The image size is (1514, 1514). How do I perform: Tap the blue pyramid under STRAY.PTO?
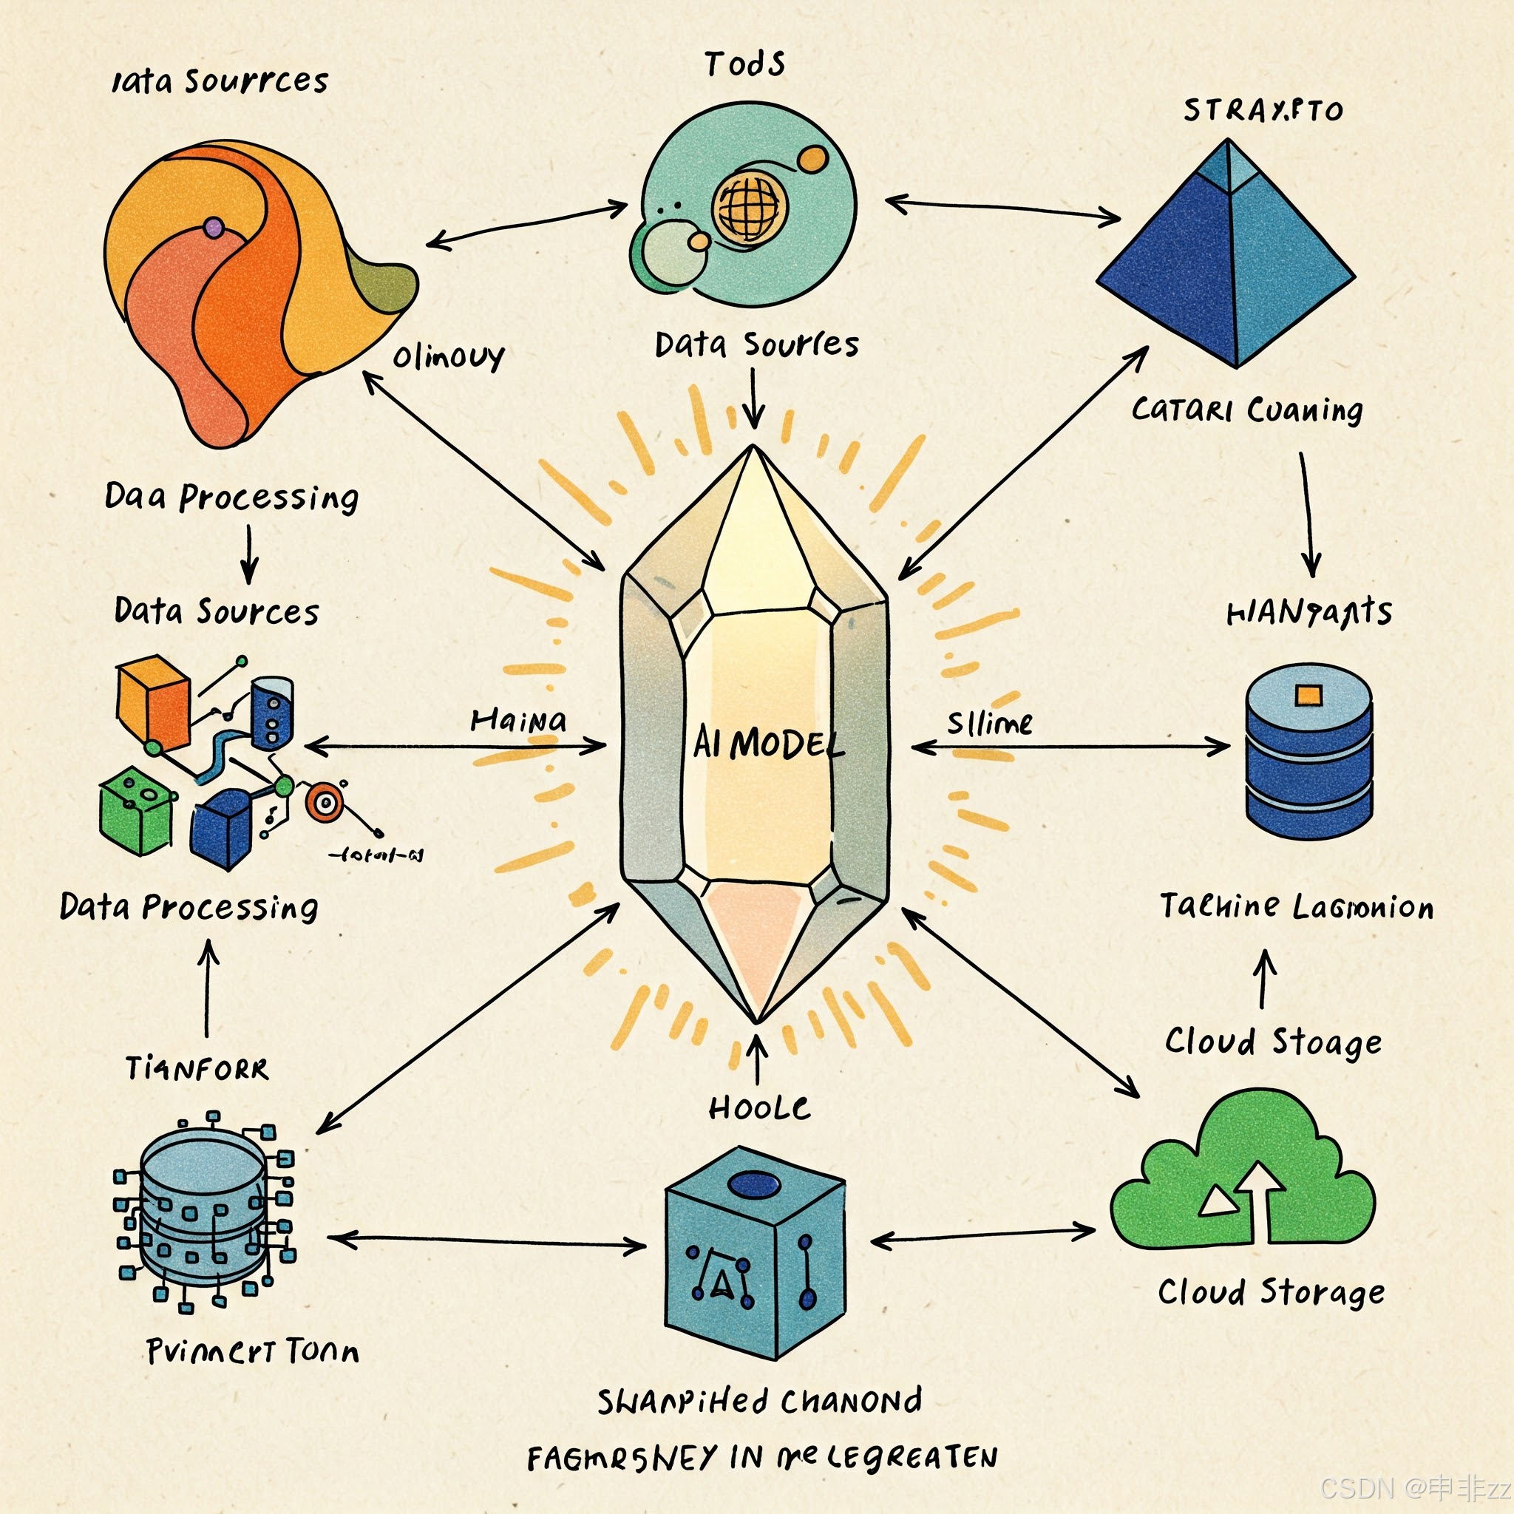click(1226, 259)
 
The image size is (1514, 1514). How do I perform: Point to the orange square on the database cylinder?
click(1308, 695)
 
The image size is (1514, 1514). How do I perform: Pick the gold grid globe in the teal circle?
click(748, 208)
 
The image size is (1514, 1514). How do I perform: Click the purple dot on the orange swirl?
click(213, 228)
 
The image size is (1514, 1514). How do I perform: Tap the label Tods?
click(744, 64)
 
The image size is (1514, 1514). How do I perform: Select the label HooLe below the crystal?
click(758, 1108)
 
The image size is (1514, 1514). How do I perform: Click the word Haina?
click(518, 721)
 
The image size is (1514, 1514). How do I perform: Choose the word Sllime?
click(989, 722)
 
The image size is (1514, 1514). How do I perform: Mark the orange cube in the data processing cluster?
click(153, 702)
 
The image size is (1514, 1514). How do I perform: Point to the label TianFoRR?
click(197, 1069)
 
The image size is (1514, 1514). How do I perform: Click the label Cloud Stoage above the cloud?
click(1273, 1042)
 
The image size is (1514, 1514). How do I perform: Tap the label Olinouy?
click(447, 357)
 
